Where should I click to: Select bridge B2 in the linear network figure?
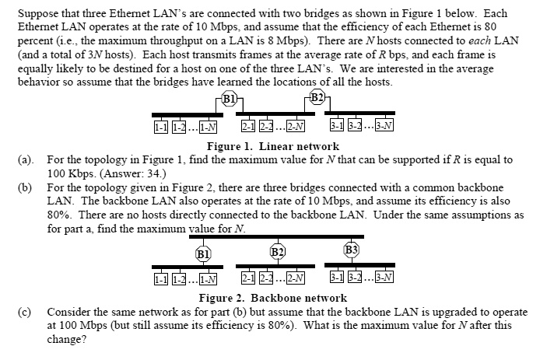pyautogui.click(x=317, y=98)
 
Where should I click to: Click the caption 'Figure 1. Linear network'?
pyautogui.click(x=272, y=146)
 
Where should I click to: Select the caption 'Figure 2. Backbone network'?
pyautogui.click(x=272, y=298)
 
